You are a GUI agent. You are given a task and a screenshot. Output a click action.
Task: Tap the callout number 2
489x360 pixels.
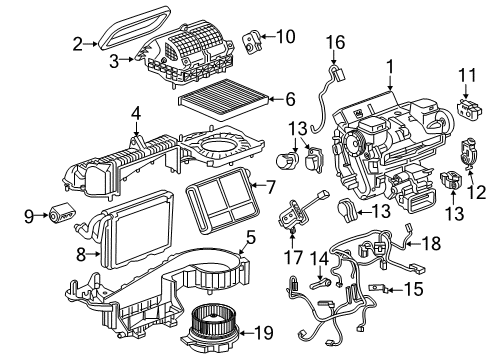pyautogui.click(x=77, y=43)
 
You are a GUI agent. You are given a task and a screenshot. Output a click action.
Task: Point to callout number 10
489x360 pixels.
pyautogui.click(x=287, y=37)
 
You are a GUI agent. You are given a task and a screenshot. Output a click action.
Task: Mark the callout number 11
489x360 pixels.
pyautogui.click(x=467, y=76)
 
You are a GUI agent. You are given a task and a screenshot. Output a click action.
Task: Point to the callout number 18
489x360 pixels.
pyautogui.click(x=431, y=243)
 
